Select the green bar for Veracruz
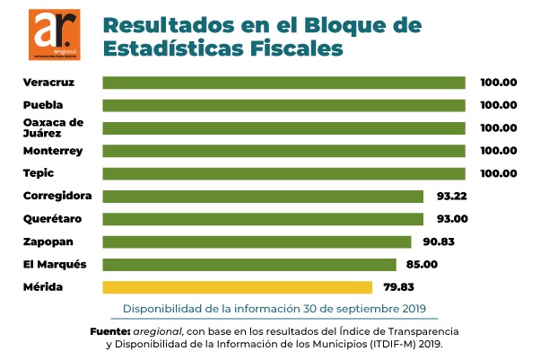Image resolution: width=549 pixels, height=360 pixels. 283,83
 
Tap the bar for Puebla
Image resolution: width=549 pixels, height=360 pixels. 283,105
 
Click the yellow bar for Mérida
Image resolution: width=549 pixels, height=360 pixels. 237,287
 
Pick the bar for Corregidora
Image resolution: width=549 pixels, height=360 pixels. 263,196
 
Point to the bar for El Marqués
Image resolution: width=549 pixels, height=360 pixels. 249,264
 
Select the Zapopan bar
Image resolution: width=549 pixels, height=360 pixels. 257,241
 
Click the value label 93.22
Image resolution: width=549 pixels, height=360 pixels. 452,196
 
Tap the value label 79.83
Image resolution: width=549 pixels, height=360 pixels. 401,287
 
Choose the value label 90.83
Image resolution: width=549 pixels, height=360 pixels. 440,241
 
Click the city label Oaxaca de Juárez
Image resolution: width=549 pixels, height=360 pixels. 52,127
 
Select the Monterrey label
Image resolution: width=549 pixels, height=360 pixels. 52,151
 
